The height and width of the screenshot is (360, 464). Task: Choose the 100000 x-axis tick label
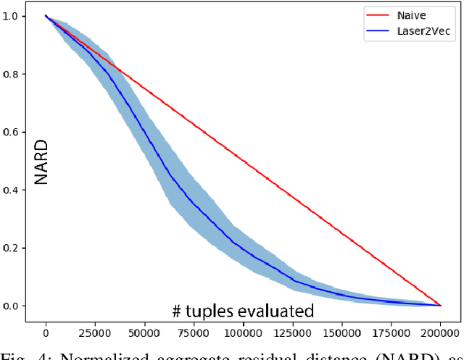[242, 333]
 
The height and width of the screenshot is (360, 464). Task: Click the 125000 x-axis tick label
[291, 333]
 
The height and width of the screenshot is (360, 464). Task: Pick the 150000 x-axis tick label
[341, 333]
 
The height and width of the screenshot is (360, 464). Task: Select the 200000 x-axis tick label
[440, 333]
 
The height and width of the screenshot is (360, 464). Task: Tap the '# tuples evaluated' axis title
[243, 311]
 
